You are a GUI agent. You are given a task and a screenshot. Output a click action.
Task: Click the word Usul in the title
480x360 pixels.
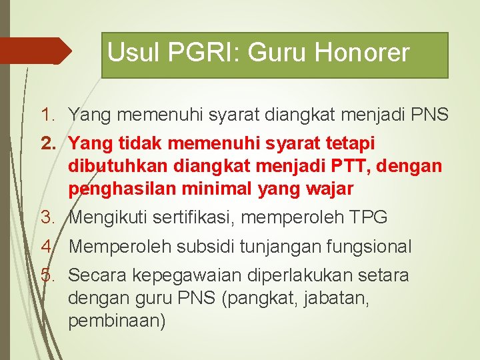[x=134, y=53]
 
